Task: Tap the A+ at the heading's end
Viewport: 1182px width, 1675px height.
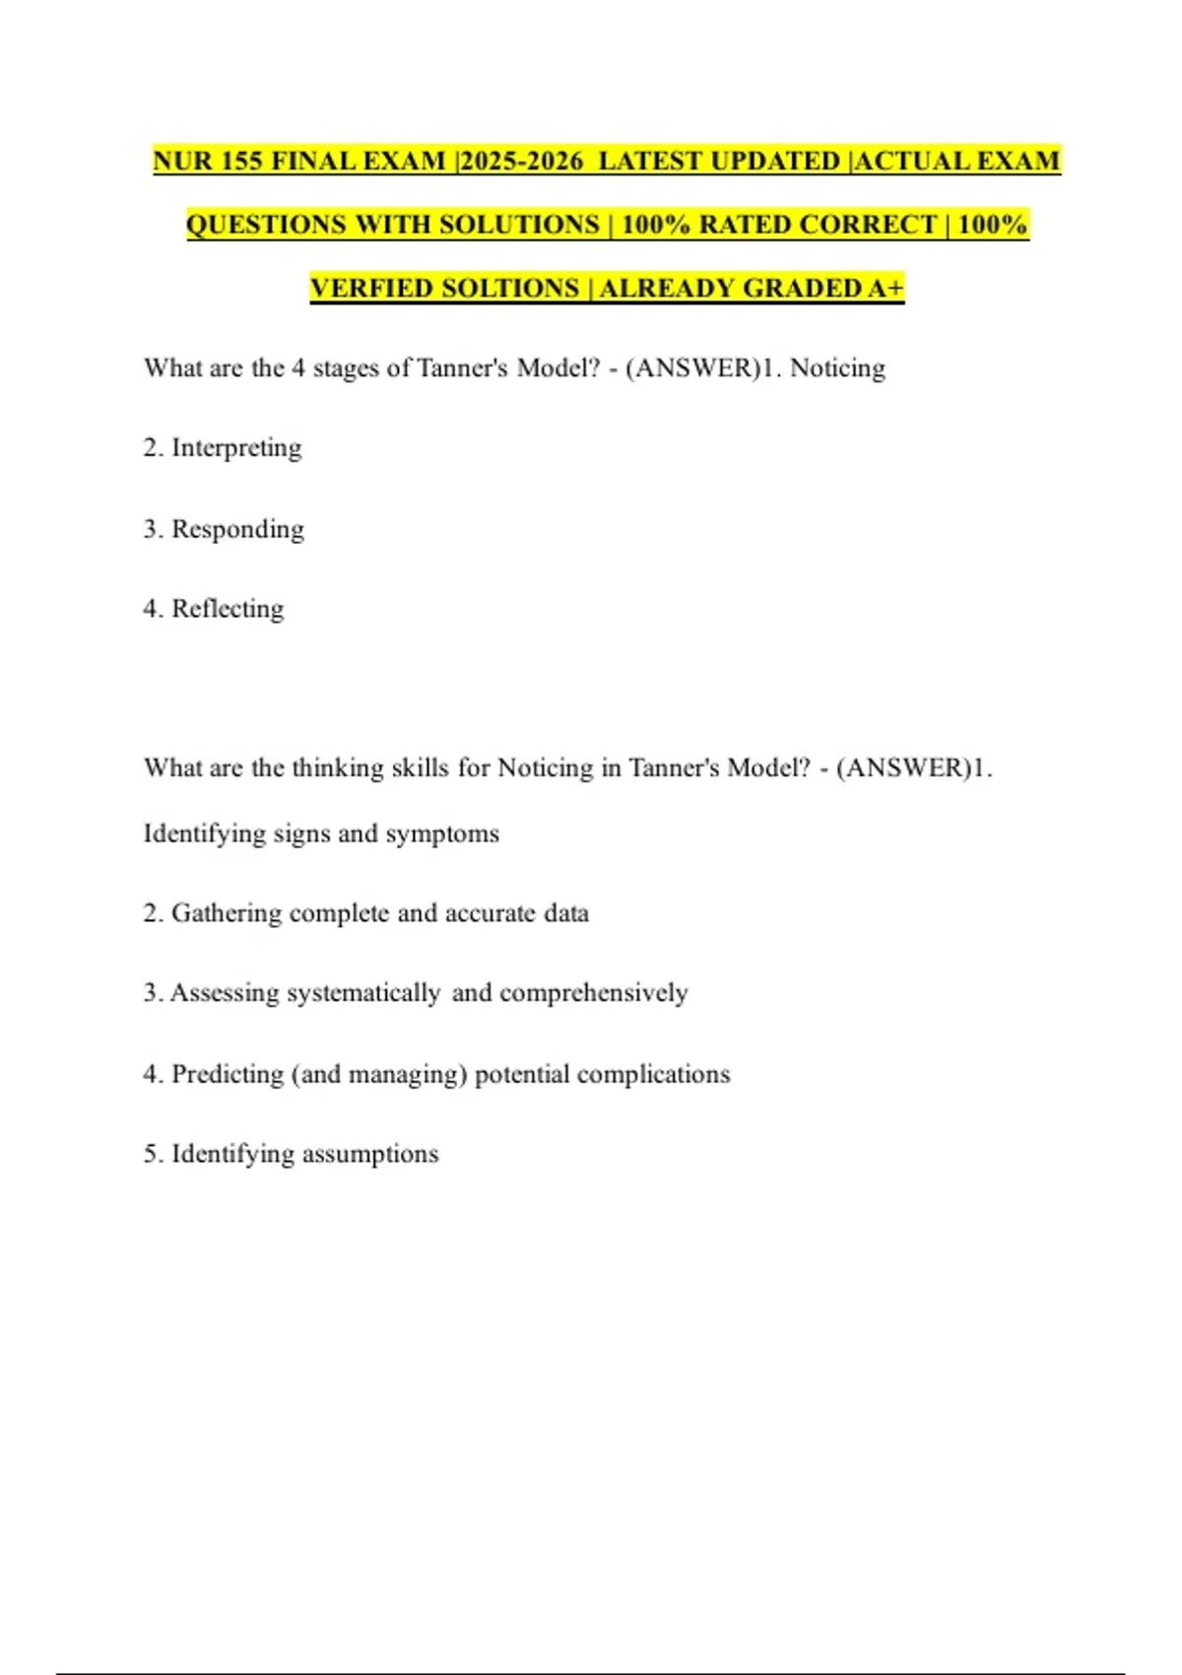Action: (x=886, y=289)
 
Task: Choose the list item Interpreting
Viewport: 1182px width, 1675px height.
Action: (x=236, y=448)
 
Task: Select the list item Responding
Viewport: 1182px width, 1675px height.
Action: (x=237, y=529)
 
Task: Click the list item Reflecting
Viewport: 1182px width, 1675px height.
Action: (x=228, y=609)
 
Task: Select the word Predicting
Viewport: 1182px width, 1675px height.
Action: (x=228, y=1074)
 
